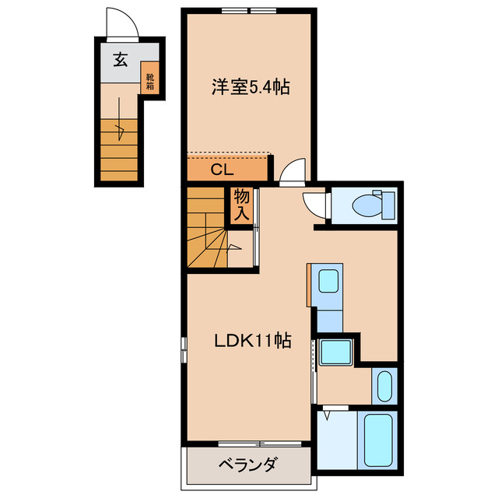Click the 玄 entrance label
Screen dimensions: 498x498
pyautogui.click(x=121, y=58)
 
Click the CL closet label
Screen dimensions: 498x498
pyautogui.click(x=225, y=169)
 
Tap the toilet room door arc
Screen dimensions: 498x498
pyautogui.click(x=314, y=204)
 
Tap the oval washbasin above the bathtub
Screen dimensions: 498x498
pyautogui.click(x=384, y=384)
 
